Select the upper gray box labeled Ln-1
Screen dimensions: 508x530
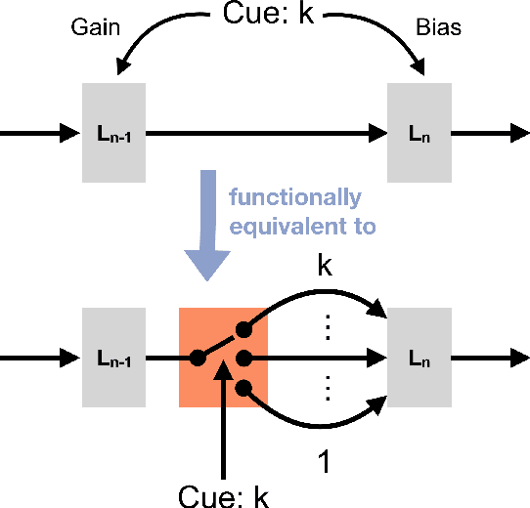click(115, 132)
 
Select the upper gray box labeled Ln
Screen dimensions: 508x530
click(419, 132)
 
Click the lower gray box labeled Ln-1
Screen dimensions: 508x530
click(115, 358)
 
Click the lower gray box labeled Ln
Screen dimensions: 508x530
click(419, 358)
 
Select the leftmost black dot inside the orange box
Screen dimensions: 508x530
click(199, 358)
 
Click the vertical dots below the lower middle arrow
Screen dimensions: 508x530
click(329, 391)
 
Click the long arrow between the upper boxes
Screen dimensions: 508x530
click(264, 132)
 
